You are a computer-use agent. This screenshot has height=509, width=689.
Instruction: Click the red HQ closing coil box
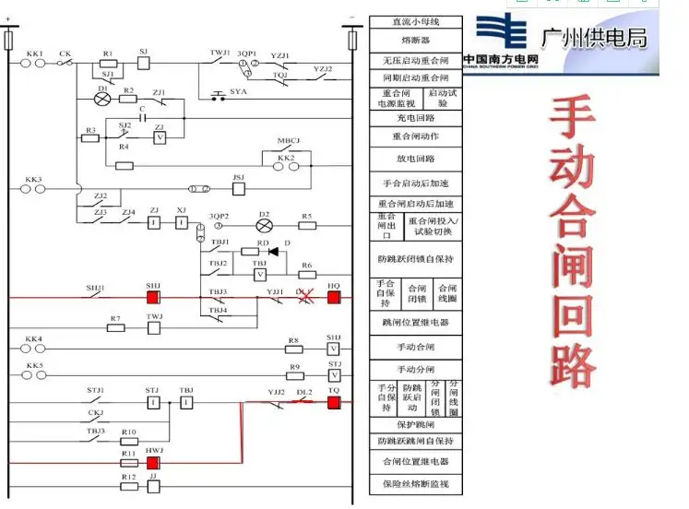point(333,298)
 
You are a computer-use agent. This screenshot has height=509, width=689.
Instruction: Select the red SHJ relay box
point(153,298)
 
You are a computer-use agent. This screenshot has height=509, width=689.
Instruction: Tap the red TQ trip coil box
point(333,403)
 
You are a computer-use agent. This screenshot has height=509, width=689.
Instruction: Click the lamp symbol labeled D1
point(103,99)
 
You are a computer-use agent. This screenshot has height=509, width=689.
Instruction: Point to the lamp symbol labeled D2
point(265,225)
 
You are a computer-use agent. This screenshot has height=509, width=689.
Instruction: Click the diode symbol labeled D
point(274,251)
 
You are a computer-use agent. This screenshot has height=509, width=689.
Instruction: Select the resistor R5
point(307,225)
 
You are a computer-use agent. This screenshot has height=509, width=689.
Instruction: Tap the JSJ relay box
point(238,188)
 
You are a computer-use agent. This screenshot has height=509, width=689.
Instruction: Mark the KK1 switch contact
point(35,64)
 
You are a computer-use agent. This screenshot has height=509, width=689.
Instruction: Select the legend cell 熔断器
point(415,41)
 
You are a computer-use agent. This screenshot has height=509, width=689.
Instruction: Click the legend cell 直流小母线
point(415,22)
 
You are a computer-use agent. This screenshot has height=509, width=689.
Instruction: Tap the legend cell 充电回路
point(415,118)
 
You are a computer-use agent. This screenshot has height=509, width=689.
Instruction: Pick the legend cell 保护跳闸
point(415,424)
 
